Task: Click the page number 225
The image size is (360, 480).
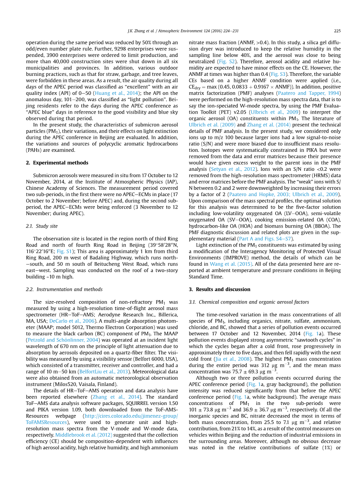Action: point(337,31)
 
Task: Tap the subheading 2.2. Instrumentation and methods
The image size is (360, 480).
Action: point(64,289)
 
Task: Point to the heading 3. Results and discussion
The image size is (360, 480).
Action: point(220,289)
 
